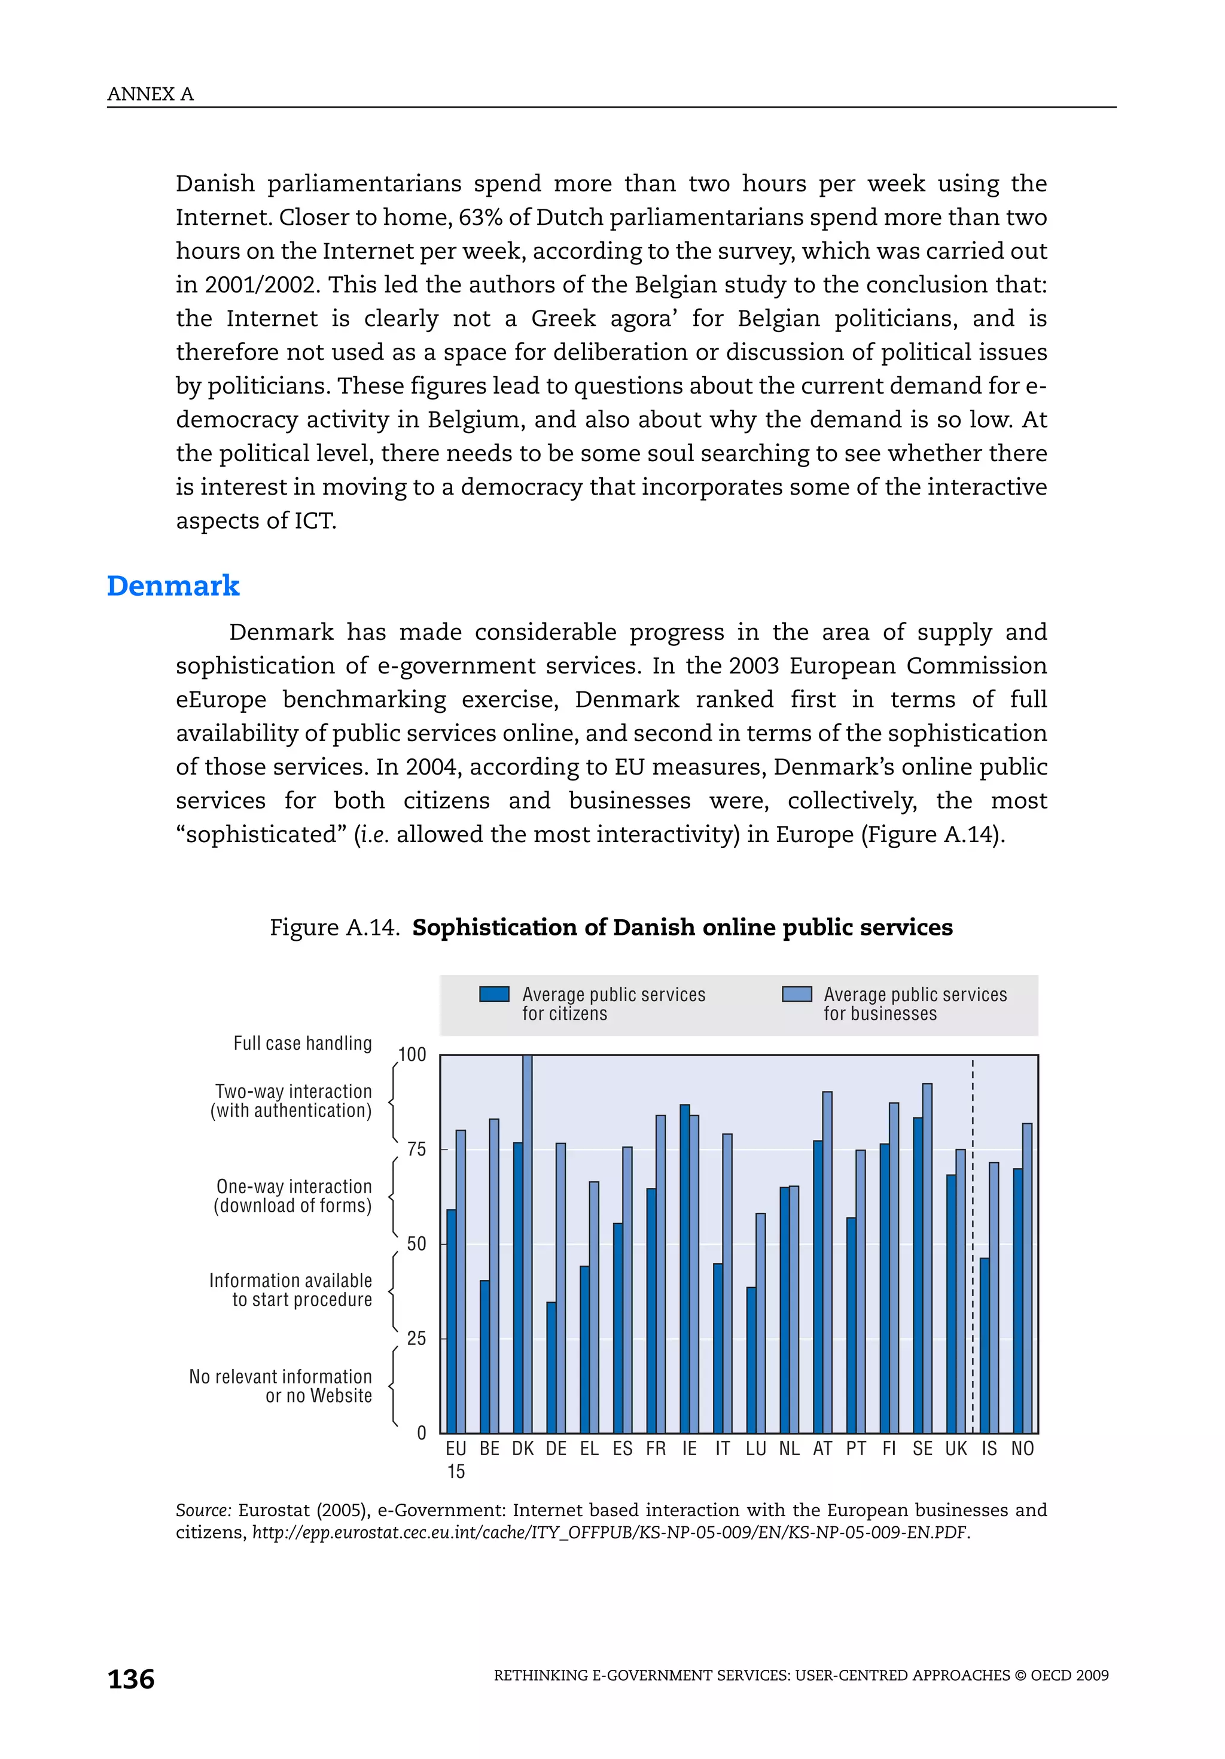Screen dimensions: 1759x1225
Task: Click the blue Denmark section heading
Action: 173,586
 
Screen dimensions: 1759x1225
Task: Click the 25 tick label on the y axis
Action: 416,1339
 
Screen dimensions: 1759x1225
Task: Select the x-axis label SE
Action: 922,1449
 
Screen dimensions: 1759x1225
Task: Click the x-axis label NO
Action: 1022,1449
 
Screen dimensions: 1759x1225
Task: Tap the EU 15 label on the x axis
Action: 456,1459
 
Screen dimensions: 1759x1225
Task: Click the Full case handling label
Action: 303,1044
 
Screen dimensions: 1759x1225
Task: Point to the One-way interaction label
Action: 294,1196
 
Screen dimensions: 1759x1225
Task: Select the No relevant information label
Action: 281,1386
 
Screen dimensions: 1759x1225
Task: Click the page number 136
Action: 131,1679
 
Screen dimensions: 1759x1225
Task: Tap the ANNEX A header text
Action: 150,94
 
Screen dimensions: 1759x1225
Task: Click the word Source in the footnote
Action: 202,1510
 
